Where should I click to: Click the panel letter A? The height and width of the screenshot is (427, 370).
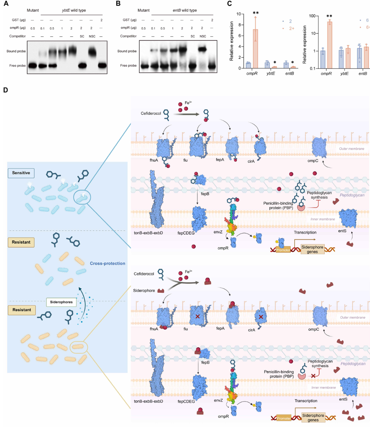click(6, 4)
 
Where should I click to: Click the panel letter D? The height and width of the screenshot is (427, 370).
click(5, 90)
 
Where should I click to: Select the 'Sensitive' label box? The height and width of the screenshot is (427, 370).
click(21, 173)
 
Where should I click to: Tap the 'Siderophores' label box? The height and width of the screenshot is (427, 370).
click(61, 302)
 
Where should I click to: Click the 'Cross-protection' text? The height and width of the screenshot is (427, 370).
click(108, 264)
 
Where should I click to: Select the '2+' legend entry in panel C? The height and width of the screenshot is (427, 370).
click(291, 28)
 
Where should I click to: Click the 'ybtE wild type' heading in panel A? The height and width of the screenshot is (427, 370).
click(74, 10)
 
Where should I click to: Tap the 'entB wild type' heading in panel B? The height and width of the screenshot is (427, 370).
click(185, 10)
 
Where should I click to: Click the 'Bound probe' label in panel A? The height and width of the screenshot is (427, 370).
click(16, 51)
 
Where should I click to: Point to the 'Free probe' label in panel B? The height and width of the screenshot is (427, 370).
click(128, 65)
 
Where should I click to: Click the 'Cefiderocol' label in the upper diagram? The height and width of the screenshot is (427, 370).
click(151, 113)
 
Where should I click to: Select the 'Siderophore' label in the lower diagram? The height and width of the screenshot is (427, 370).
click(144, 291)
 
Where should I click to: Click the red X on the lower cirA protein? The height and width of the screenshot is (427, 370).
click(261, 317)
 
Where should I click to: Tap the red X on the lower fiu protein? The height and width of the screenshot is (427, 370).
click(198, 316)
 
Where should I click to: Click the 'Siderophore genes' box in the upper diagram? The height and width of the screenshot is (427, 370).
click(312, 249)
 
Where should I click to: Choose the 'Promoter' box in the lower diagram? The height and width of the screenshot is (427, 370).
click(284, 418)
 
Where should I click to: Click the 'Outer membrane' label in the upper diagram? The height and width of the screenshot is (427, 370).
click(351, 149)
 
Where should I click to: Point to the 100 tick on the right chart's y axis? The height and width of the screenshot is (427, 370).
click(312, 16)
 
